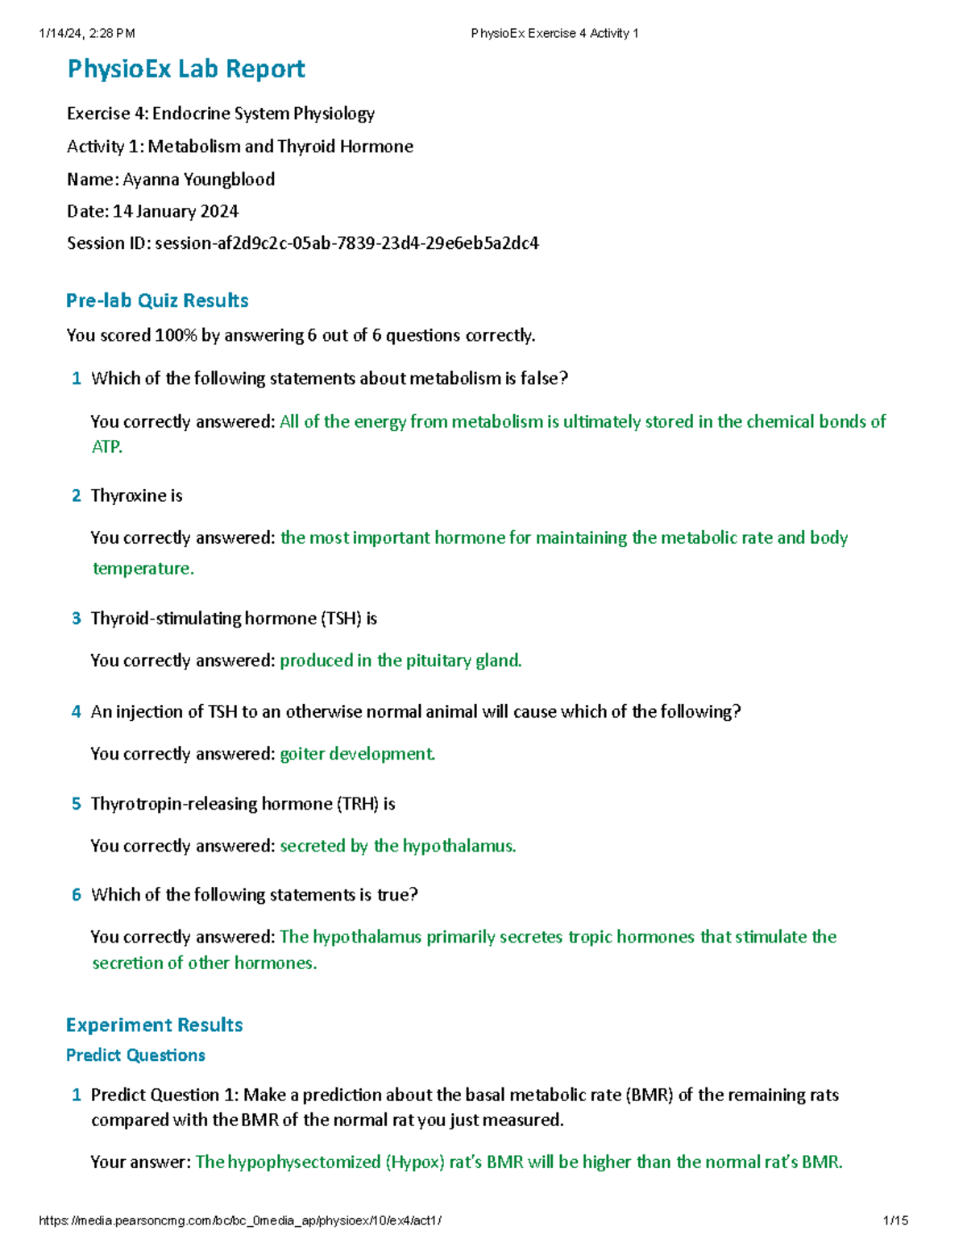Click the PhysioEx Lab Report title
click(x=186, y=69)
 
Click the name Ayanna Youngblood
click(x=198, y=179)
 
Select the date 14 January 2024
click(x=176, y=211)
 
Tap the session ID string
click(x=347, y=242)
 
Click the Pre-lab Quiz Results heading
click(x=157, y=300)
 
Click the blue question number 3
click(x=77, y=619)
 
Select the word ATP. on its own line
click(x=107, y=447)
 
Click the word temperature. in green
click(x=143, y=569)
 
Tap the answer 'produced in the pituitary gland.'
click(x=400, y=661)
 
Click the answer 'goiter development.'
click(x=357, y=754)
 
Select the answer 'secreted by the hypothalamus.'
click(x=397, y=846)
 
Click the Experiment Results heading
click(x=155, y=1025)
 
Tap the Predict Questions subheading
click(x=135, y=1055)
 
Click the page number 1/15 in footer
click(x=895, y=1220)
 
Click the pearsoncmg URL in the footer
click(x=240, y=1220)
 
